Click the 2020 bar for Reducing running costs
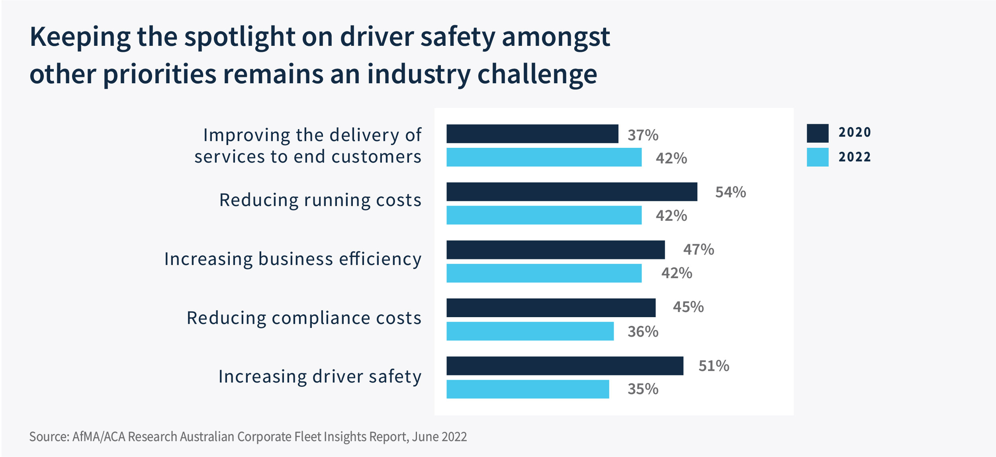pos(571,192)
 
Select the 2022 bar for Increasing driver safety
pos(528,389)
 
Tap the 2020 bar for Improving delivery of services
pos(532,133)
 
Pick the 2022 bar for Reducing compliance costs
pos(530,331)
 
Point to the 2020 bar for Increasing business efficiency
pos(556,249)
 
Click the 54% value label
pos(730,192)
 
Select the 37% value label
pos(643,135)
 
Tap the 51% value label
pos(714,366)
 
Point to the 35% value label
pos(643,389)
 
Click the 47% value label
pos(699,249)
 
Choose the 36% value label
pos(643,331)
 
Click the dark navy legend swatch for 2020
pos(817,133)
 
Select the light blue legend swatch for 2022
pos(817,157)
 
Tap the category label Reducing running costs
pos(320,200)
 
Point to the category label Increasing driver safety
pos(320,377)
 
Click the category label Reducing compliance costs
pos(304,318)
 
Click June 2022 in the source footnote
pos(439,437)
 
